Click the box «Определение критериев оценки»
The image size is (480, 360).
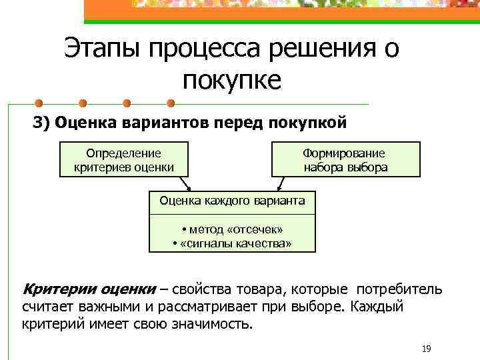[x=125, y=160]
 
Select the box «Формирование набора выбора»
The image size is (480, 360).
[x=345, y=160]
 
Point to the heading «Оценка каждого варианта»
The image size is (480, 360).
[x=232, y=200]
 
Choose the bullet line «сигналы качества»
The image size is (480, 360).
[x=232, y=243]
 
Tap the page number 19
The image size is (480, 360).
[x=427, y=349]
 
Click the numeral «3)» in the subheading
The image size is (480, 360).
[x=42, y=123]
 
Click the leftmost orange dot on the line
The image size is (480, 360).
[x=39, y=104]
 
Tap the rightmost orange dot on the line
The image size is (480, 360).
[x=170, y=104]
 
